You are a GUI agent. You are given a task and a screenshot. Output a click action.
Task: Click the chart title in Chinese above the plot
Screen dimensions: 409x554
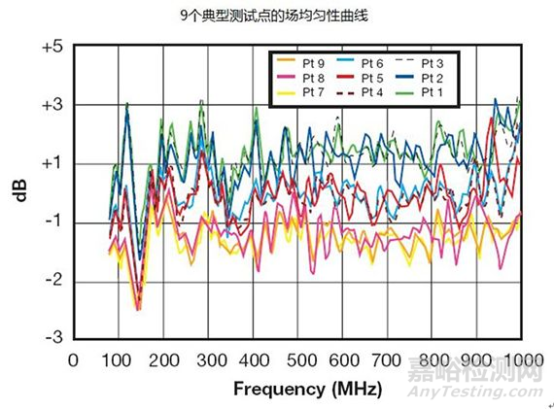[x=276, y=17]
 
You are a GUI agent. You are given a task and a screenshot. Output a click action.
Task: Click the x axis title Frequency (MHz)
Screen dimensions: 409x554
[x=307, y=389]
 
